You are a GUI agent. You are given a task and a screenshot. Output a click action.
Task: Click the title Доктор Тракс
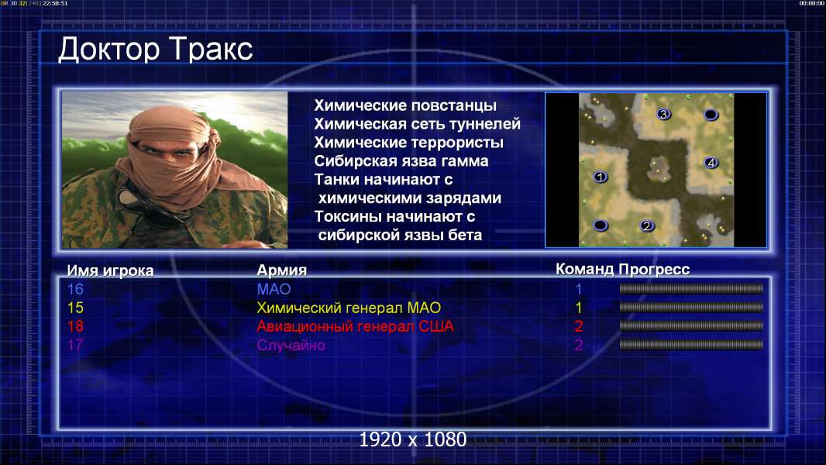(156, 50)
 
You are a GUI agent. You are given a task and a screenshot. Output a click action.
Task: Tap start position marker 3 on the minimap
(663, 114)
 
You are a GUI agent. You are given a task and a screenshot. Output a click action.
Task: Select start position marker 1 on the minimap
(601, 177)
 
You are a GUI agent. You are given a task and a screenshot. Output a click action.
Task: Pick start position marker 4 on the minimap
(711, 163)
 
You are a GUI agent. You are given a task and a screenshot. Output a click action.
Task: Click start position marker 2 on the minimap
(647, 226)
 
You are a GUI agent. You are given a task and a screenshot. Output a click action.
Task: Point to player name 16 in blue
(75, 289)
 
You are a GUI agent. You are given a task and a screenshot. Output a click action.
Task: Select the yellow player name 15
(75, 308)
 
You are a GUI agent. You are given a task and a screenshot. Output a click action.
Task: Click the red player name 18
(75, 326)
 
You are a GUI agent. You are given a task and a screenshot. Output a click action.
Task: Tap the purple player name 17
(75, 345)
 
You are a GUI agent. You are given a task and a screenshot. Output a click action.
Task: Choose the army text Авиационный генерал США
(355, 326)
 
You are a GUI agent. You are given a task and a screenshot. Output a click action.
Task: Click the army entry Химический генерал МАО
(349, 308)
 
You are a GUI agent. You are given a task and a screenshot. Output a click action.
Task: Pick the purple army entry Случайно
(291, 346)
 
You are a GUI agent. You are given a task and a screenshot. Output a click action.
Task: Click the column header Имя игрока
(110, 270)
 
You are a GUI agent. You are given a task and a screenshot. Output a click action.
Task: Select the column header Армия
(281, 270)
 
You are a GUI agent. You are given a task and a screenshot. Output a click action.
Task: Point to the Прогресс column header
(654, 270)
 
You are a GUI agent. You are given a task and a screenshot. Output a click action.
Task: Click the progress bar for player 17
(691, 345)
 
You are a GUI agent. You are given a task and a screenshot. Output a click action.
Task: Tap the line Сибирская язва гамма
(401, 161)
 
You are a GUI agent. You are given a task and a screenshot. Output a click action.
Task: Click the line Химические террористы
(409, 143)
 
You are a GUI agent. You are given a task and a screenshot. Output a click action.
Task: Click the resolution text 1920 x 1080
(412, 439)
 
